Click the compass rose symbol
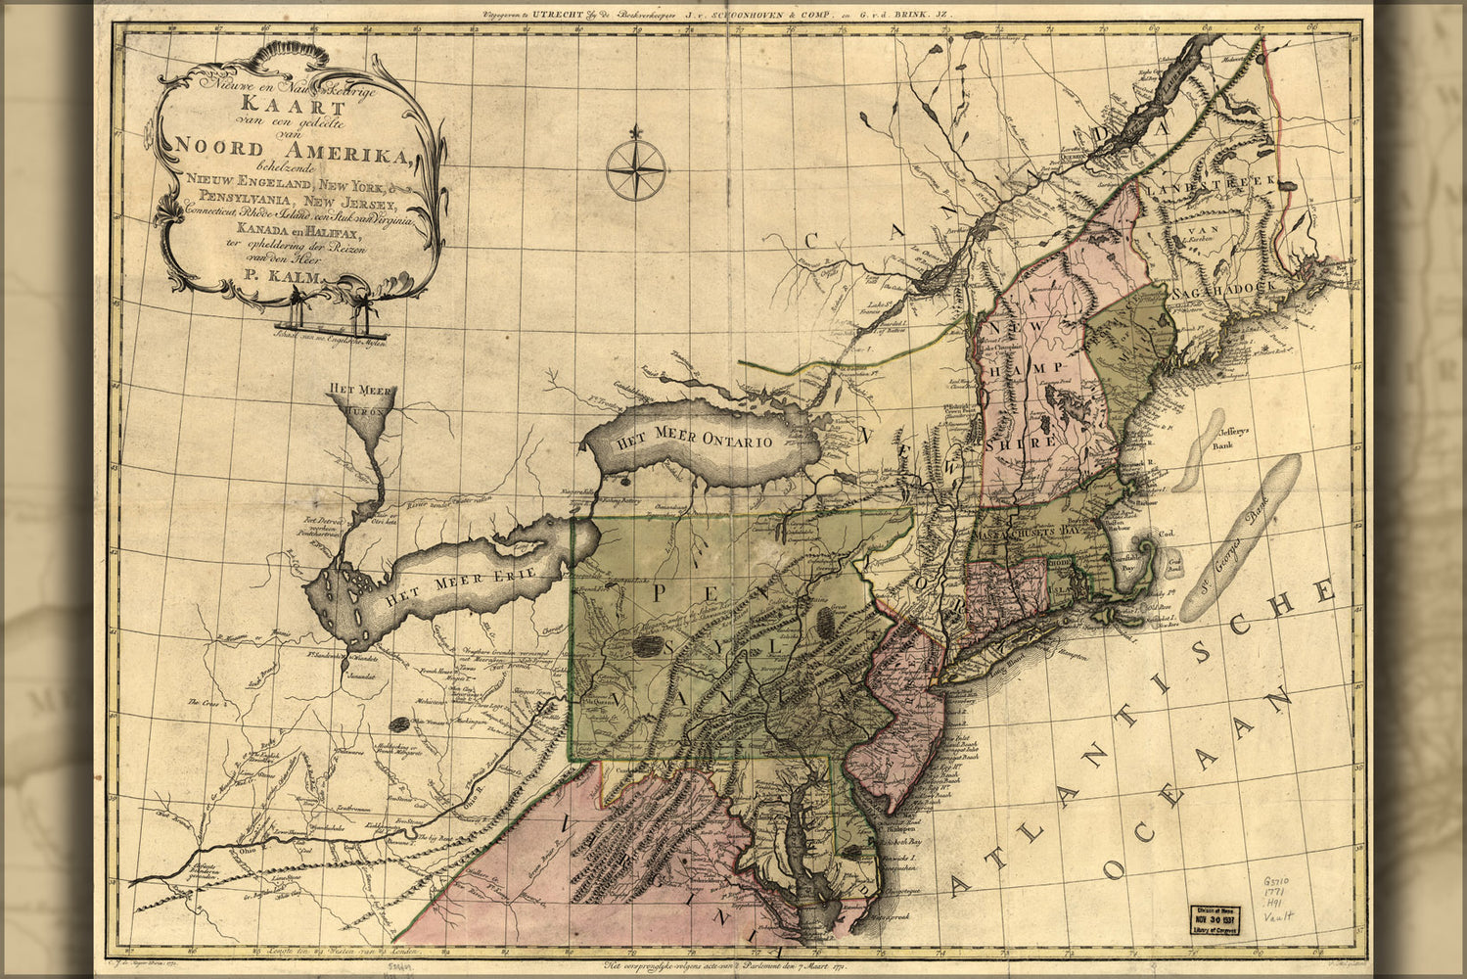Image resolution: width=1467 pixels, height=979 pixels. click(x=636, y=170)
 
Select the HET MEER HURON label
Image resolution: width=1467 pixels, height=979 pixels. click(x=361, y=400)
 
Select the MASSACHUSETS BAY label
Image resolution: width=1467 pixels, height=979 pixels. click(x=1038, y=531)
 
